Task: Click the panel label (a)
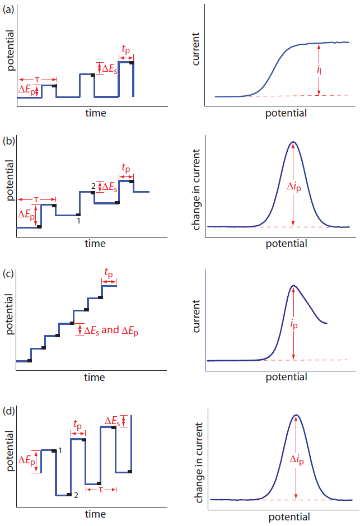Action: pos(9,8)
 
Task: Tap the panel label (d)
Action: pos(9,411)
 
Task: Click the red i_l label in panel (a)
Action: pos(326,70)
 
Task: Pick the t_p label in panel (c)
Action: pos(109,273)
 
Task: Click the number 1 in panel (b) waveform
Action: pos(79,221)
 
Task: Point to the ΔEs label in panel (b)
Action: pos(110,187)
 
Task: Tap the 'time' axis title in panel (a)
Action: pos(95,113)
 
